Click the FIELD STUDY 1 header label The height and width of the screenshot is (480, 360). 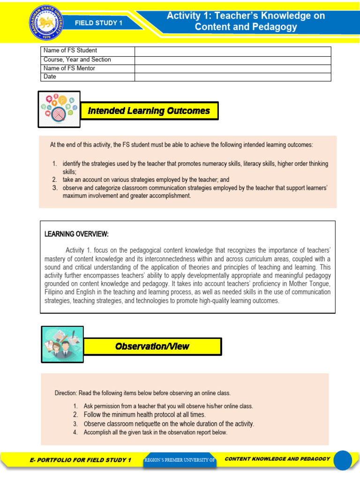(x=99, y=22)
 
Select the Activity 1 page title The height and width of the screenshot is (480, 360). (x=246, y=21)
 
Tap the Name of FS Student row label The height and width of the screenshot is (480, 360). (x=70, y=51)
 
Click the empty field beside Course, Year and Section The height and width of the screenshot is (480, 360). (x=232, y=60)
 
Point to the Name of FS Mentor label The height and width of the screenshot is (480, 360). (x=69, y=68)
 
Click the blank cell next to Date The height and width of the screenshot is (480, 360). (x=232, y=77)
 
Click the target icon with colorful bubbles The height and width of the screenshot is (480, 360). (x=59, y=109)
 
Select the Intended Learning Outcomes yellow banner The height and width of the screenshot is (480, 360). (x=150, y=111)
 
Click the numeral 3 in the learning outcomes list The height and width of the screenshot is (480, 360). (x=54, y=188)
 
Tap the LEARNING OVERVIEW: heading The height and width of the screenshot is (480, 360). (x=76, y=234)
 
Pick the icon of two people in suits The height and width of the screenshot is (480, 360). (x=62, y=344)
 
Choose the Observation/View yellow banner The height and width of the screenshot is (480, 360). (x=152, y=346)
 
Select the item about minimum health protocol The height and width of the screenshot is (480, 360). (x=144, y=415)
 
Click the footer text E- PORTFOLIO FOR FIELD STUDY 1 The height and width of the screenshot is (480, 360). (x=80, y=460)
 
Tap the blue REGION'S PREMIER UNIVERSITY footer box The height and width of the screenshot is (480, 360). (x=180, y=460)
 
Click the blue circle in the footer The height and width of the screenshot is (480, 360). (x=342, y=460)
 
